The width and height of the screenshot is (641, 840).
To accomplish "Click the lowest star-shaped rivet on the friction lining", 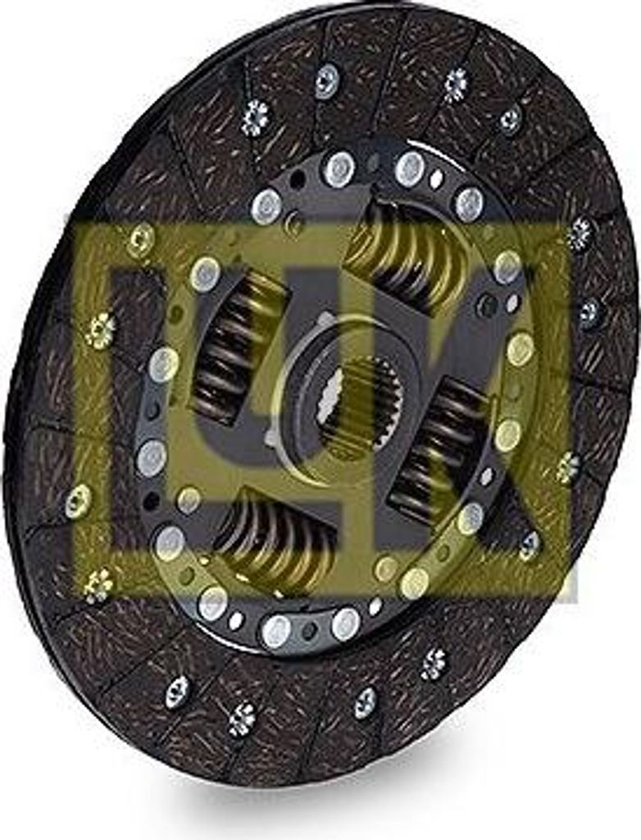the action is [242, 719].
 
